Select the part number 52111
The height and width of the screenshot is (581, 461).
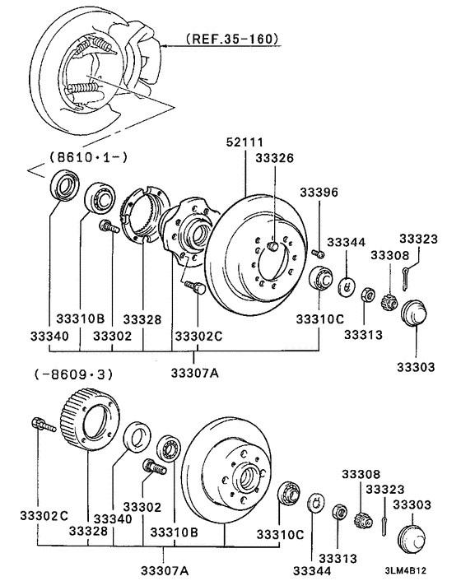pos(246,142)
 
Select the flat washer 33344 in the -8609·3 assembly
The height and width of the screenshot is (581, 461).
pos(314,504)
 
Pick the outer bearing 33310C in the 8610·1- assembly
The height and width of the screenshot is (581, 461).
pos(319,277)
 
